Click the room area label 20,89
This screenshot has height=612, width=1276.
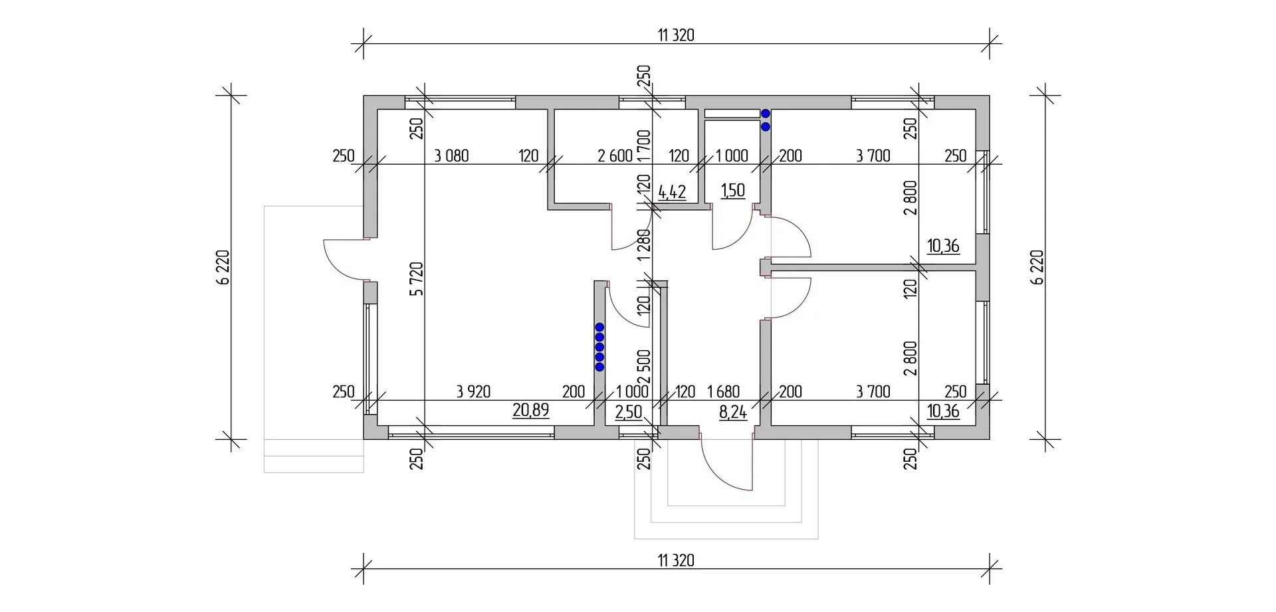[530, 410]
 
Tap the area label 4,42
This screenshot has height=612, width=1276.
[671, 193]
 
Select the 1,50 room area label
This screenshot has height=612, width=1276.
[732, 191]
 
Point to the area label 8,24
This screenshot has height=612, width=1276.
[732, 412]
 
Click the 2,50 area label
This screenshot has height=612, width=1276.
[628, 412]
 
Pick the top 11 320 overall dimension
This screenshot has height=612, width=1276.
[676, 35]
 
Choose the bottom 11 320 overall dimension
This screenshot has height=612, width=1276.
[676, 560]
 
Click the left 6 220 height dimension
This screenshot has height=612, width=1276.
[223, 267]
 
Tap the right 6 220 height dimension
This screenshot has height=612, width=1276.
[1037, 267]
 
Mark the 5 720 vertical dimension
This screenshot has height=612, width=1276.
[416, 279]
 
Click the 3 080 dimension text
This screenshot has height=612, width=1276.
[451, 156]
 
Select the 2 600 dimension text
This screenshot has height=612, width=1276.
[614, 156]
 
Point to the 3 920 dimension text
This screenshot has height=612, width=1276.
[473, 391]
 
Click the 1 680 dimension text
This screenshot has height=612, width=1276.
[723, 391]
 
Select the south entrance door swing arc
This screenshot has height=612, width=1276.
[721, 472]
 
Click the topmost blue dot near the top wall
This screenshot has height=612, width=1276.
[766, 114]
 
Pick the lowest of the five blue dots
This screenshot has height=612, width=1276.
[599, 367]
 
